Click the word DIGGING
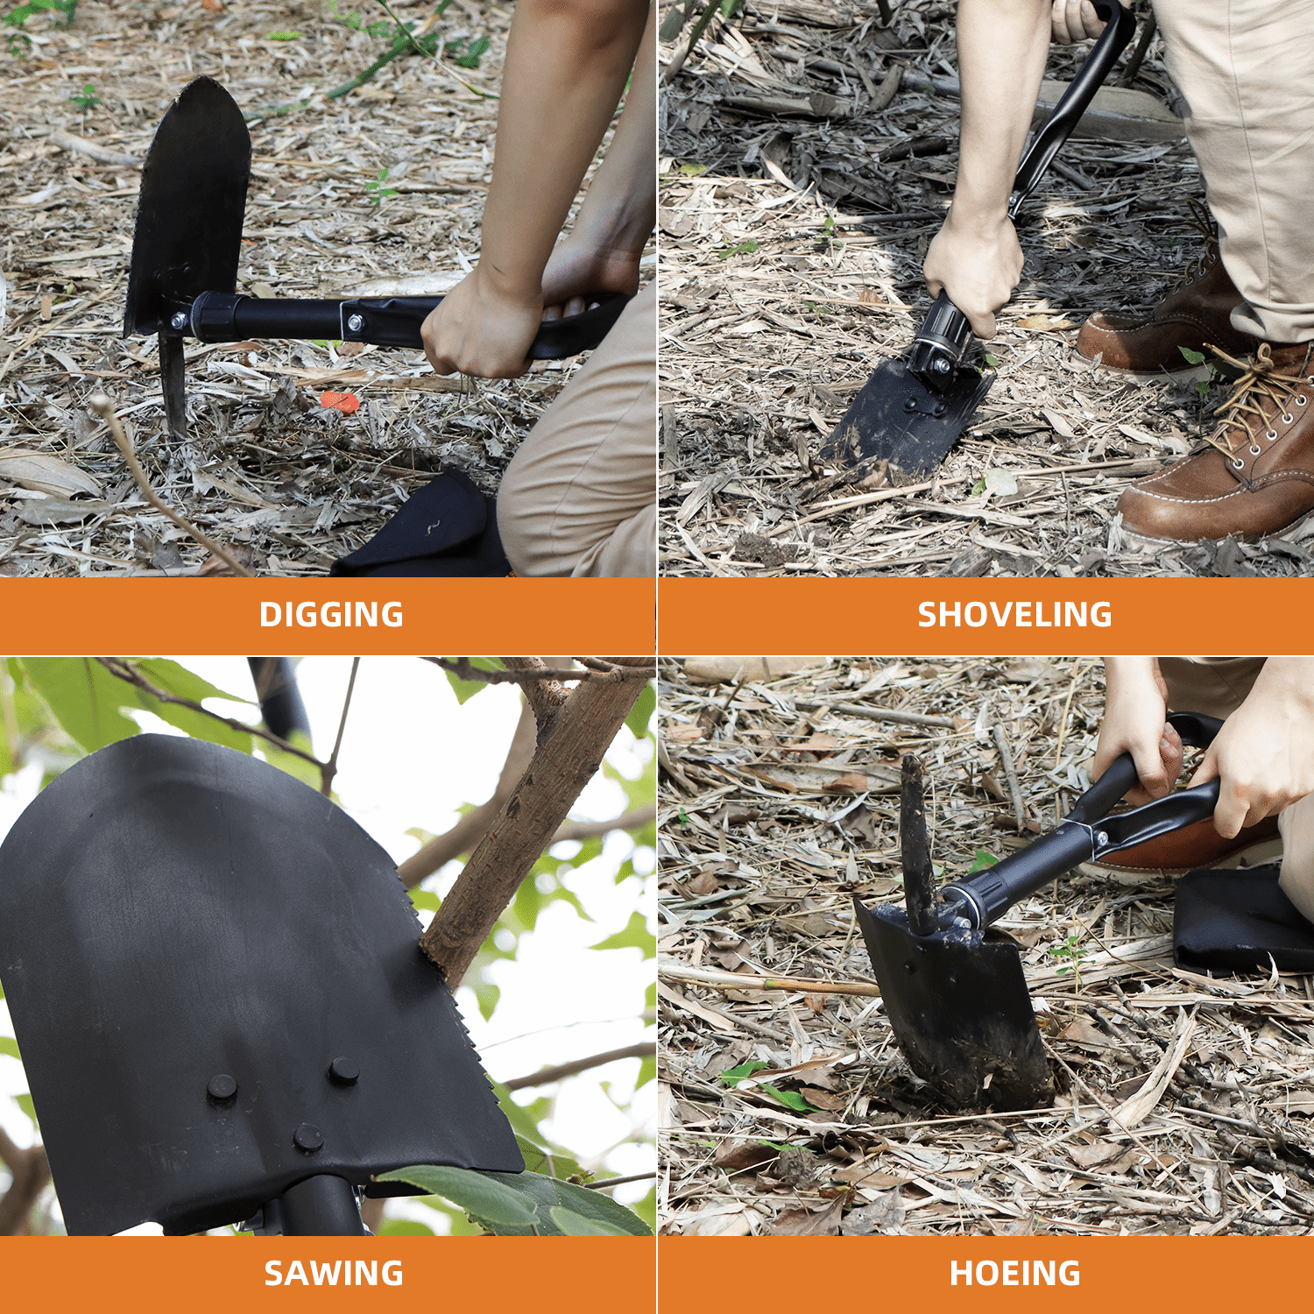tap(331, 615)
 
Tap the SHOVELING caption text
tap(1014, 615)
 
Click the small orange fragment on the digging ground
tap(340, 402)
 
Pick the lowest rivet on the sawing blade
tap(308, 1138)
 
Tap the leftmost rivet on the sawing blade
tap(222, 1088)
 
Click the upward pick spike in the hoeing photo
tap(915, 832)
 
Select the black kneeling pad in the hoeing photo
tap(1240, 920)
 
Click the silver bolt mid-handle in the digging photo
tap(355, 323)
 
